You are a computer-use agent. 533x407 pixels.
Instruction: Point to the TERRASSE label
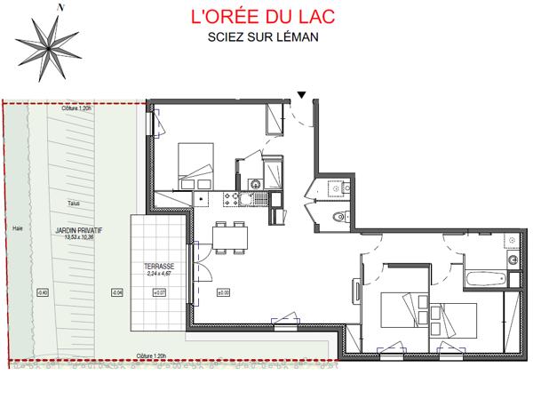pos(159,267)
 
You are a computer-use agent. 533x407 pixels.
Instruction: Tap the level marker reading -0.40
pos(42,291)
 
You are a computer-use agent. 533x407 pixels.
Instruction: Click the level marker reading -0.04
pos(116,291)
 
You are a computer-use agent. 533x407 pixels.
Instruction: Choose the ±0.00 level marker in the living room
pos(223,291)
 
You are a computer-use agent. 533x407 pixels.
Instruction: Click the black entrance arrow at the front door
pos(303,94)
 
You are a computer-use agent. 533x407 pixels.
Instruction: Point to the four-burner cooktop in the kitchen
pos(235,198)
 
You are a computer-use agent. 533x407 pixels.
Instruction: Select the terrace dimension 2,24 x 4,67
pos(159,275)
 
